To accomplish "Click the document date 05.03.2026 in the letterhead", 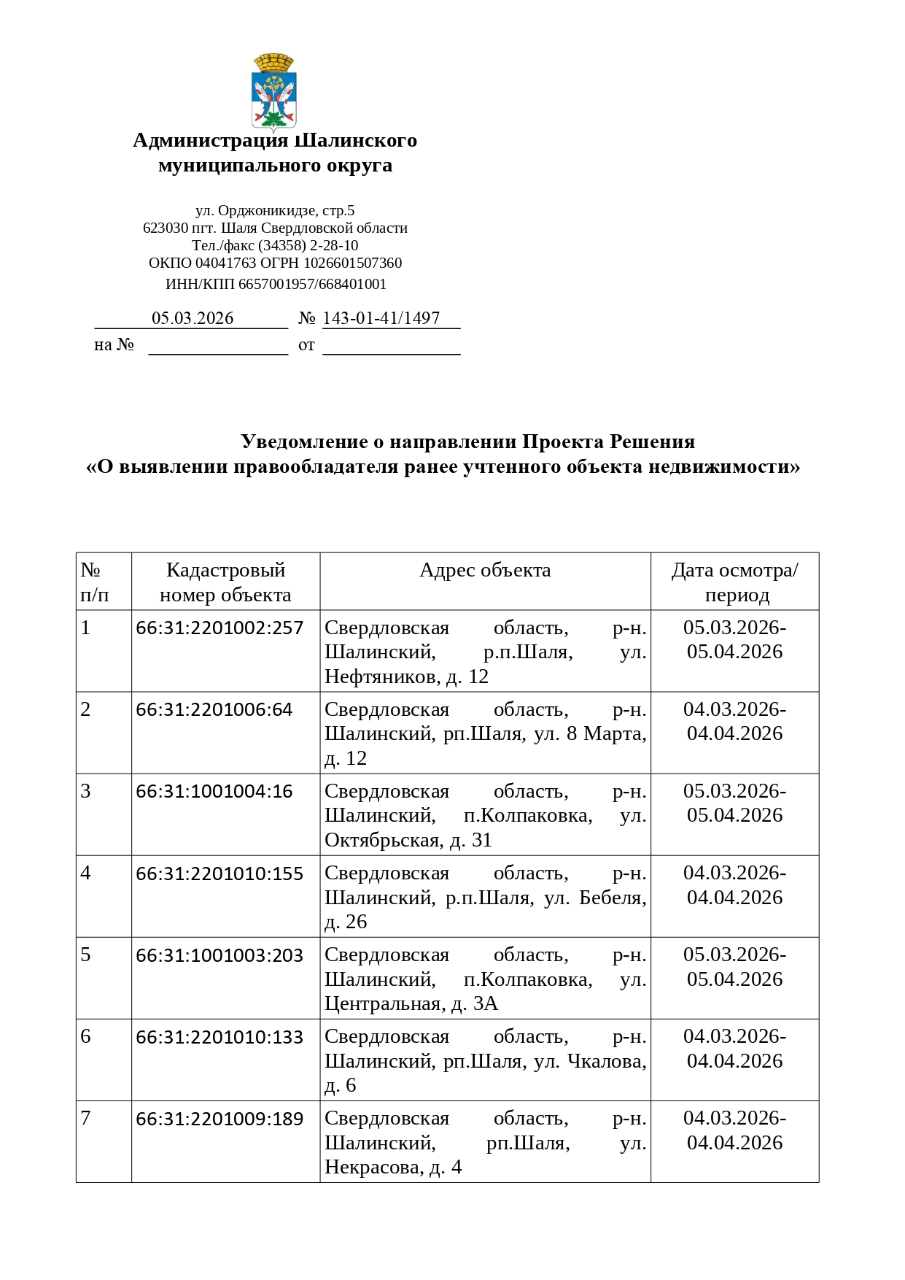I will (193, 318).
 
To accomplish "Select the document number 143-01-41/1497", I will (381, 318).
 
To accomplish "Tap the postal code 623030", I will (166, 228).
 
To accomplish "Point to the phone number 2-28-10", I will (334, 245).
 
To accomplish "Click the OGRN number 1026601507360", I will (352, 263).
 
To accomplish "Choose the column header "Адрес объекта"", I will (485, 570).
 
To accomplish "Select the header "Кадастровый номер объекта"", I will (225, 582).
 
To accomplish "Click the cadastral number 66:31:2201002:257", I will (220, 628).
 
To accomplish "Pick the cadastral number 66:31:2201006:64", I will (214, 709).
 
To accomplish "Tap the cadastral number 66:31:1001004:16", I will (214, 791).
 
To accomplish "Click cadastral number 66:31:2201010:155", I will (220, 873).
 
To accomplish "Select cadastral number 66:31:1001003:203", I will (220, 955).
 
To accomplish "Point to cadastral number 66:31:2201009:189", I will (220, 1118).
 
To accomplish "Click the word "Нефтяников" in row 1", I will (381, 677).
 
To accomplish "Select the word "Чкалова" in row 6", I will (606, 1061).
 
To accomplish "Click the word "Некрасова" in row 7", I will (373, 1168).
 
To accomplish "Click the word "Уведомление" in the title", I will (303, 442).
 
